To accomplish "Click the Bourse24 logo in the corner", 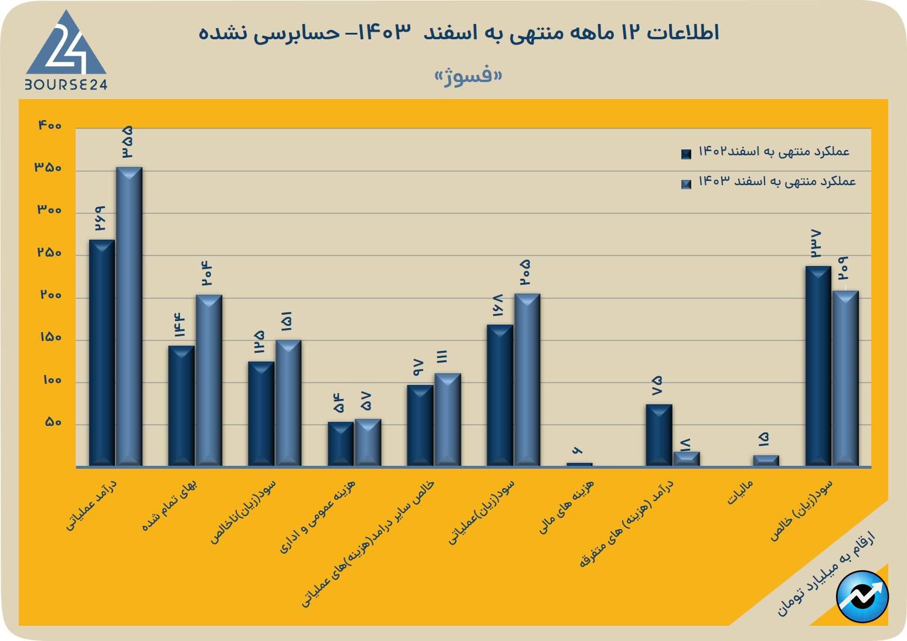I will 66,51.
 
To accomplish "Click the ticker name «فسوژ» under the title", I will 468,76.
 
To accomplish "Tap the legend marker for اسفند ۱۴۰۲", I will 686,154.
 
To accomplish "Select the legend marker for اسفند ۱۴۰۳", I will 686,184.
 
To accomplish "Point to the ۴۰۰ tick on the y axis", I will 50,125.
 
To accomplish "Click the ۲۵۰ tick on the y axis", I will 50,253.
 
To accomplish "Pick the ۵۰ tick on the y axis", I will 53,422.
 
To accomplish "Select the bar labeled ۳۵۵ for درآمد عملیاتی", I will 129,316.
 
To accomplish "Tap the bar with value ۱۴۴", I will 181,405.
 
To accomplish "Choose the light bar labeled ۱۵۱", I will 288,403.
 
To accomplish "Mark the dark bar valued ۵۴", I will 341,444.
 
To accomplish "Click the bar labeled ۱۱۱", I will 447,420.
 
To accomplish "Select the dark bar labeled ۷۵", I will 659,435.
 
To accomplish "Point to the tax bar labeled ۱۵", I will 766,461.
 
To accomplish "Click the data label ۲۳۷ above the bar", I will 816,244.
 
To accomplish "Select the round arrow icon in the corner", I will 862,596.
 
